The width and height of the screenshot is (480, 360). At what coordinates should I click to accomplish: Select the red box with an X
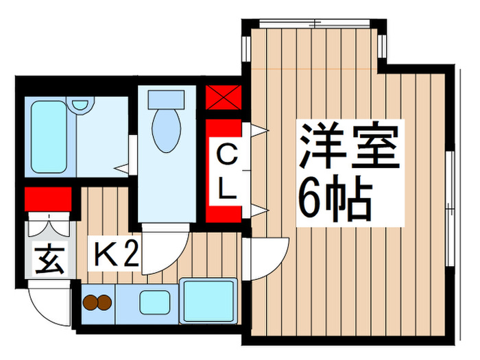[x=224, y=98]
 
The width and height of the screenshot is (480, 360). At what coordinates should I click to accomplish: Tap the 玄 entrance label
[x=47, y=261]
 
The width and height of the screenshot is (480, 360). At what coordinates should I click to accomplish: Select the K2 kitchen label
[x=117, y=256]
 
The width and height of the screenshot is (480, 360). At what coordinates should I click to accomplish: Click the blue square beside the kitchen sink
[x=207, y=299]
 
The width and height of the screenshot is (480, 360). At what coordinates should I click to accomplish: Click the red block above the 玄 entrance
[x=47, y=200]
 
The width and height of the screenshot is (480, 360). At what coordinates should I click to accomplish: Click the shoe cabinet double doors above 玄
[x=47, y=225]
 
